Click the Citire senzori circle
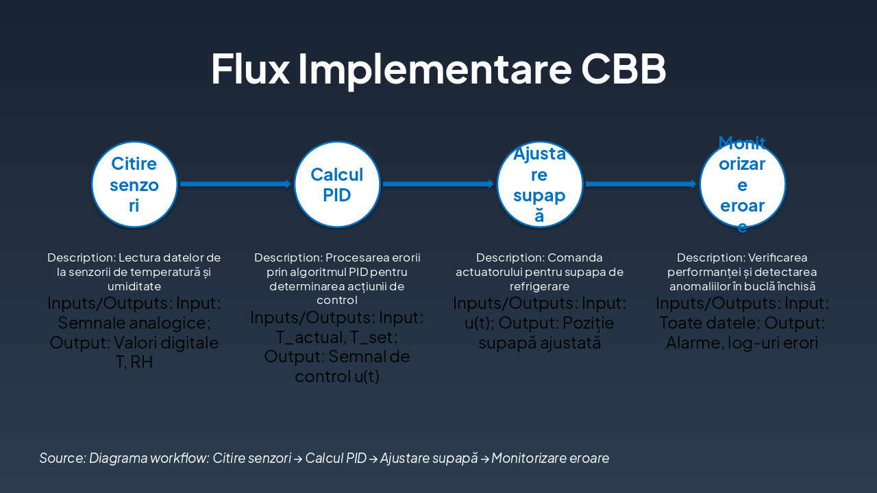tap(134, 184)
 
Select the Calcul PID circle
tap(337, 184)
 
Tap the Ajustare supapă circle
tap(540, 184)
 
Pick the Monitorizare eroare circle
tap(743, 184)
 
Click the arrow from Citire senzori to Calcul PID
tap(236, 184)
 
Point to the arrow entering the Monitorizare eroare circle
tap(641, 184)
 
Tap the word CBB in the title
tap(623, 68)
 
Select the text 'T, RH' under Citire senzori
tap(134, 362)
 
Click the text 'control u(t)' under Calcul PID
tap(337, 376)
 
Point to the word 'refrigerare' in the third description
tap(540, 286)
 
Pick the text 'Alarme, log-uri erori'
tap(742, 342)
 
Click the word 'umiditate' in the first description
tap(134, 286)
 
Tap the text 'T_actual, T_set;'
tap(337, 337)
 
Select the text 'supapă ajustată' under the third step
tap(540, 342)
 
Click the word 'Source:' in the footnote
tap(62, 458)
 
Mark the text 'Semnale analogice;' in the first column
tap(134, 323)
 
